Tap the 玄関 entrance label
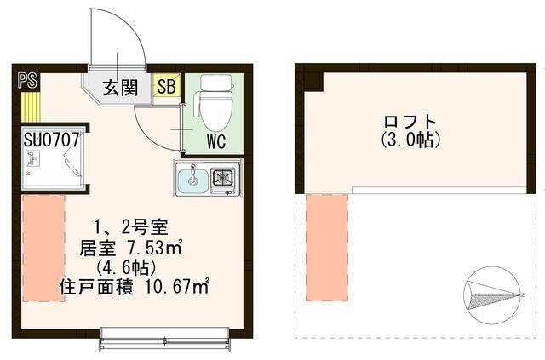point(121,87)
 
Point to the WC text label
point(215,142)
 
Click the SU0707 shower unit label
point(53,138)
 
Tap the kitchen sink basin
point(192,180)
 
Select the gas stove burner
point(226,180)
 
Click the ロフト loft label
point(410,121)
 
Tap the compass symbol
point(491,292)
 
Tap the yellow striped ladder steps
point(31,106)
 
